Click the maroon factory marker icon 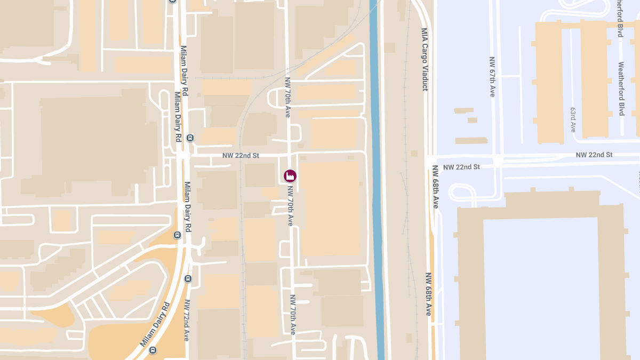290,175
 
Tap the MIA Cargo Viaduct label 425,59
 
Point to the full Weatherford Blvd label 621,89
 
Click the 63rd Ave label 573,119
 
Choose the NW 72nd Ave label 187,320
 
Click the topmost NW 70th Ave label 288,98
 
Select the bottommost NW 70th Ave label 293,314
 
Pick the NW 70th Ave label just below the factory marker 291,205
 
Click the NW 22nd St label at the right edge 594,155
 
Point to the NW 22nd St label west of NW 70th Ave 241,156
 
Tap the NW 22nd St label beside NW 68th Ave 461,167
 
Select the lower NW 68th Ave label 428,294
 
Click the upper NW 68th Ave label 436,187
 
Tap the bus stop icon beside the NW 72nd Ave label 187,279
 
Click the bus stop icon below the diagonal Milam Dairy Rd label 153,350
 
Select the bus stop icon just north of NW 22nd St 190,138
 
